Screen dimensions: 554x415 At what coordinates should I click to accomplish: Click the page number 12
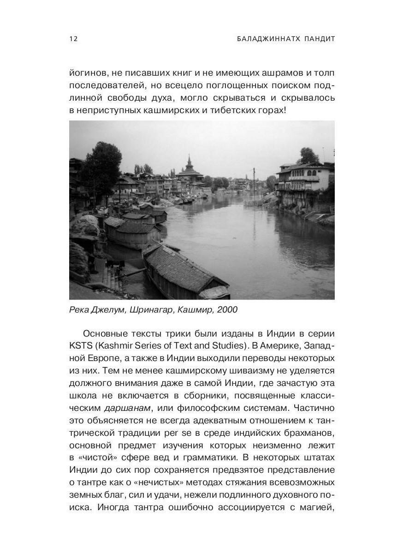pos(73,39)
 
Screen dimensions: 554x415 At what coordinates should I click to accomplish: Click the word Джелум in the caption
pos(107,310)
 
